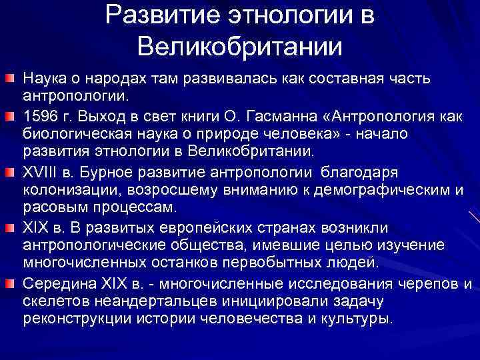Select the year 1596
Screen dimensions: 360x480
39,117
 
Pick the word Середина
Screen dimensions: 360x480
53,285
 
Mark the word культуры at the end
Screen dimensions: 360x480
364,318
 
